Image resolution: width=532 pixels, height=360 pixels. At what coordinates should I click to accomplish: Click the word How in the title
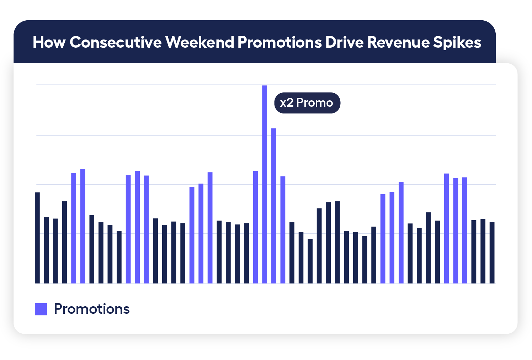pos(49,42)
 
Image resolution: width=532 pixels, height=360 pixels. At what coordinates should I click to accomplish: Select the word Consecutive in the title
pos(116,42)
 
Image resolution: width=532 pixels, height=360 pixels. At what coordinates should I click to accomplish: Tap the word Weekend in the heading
pos(199,42)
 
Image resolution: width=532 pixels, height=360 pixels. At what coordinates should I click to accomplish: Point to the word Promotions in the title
pos(280,42)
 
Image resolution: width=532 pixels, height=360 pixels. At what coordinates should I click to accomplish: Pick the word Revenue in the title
pos(398,42)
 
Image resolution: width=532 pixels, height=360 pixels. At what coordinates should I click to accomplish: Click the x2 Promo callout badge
pos(307,103)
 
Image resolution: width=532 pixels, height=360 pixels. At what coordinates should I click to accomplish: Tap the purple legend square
pos(41,309)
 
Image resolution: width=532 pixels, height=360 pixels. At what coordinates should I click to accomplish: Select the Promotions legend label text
pos(92,309)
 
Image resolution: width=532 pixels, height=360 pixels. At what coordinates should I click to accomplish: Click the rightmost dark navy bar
pos(492,253)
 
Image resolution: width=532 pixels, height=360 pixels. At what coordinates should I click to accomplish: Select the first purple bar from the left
pos(74,228)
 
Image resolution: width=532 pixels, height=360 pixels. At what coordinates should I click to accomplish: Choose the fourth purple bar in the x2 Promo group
pos(283,229)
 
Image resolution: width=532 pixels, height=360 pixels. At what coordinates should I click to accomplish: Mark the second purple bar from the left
pos(83,226)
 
